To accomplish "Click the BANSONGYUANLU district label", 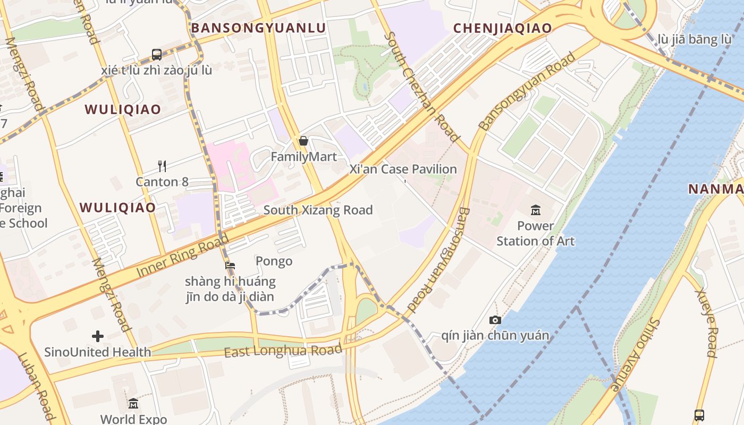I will coord(258,28).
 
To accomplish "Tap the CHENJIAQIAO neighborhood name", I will coord(503,28).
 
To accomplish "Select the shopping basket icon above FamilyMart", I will coord(303,141).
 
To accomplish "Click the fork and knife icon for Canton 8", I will coord(162,166).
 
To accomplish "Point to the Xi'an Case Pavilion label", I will coord(403,169).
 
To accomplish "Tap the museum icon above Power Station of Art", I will coord(535,210).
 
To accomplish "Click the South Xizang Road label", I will coord(318,210).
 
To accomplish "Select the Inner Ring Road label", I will coord(179,256).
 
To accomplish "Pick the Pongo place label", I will coord(274,261).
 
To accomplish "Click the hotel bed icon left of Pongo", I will coord(230,265).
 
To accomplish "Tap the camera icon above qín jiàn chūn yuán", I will coord(495,320).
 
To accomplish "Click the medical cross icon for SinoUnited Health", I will coord(98,336).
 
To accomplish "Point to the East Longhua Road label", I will coord(283,351).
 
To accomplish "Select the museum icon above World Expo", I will coord(133,403).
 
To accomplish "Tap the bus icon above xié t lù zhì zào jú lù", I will coord(157,54).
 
